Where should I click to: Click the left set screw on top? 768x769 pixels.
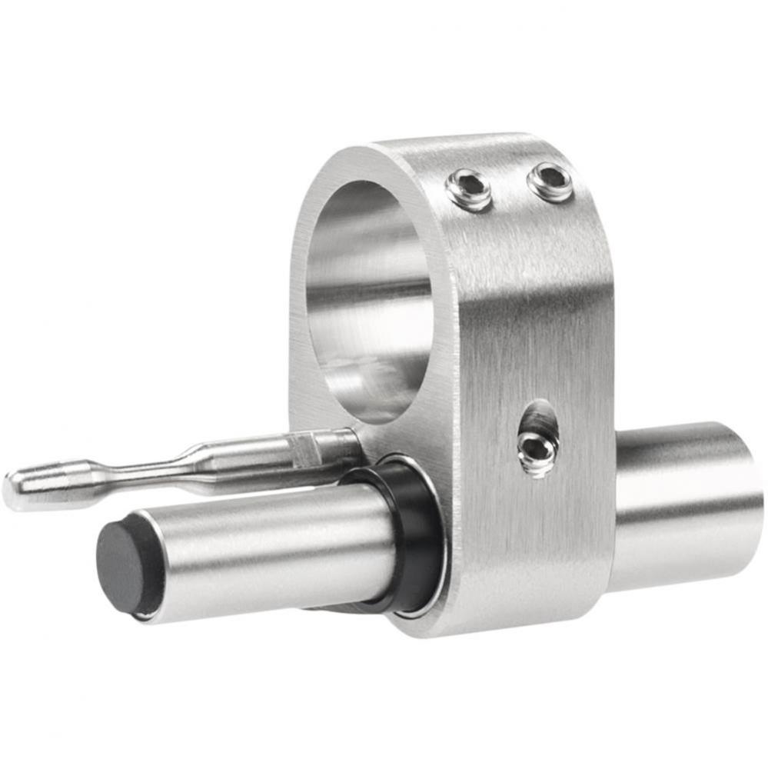click(x=469, y=189)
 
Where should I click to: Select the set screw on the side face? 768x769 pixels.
click(x=537, y=451)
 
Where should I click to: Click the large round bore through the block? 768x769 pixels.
click(x=369, y=300)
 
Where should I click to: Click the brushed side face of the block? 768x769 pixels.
click(x=530, y=323)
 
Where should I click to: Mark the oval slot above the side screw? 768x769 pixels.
click(x=540, y=419)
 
